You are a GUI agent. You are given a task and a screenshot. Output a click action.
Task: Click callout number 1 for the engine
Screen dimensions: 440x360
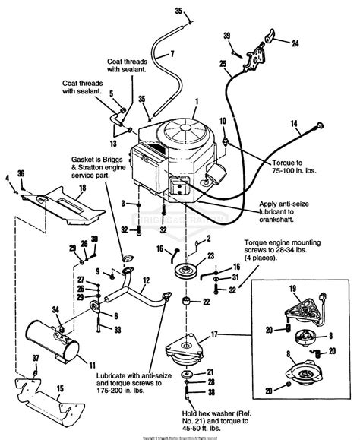tap(196, 100)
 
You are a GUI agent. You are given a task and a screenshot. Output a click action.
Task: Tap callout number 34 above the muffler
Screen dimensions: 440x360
tap(34, 309)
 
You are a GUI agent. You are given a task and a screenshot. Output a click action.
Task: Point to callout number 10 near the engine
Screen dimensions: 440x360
tap(223, 122)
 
